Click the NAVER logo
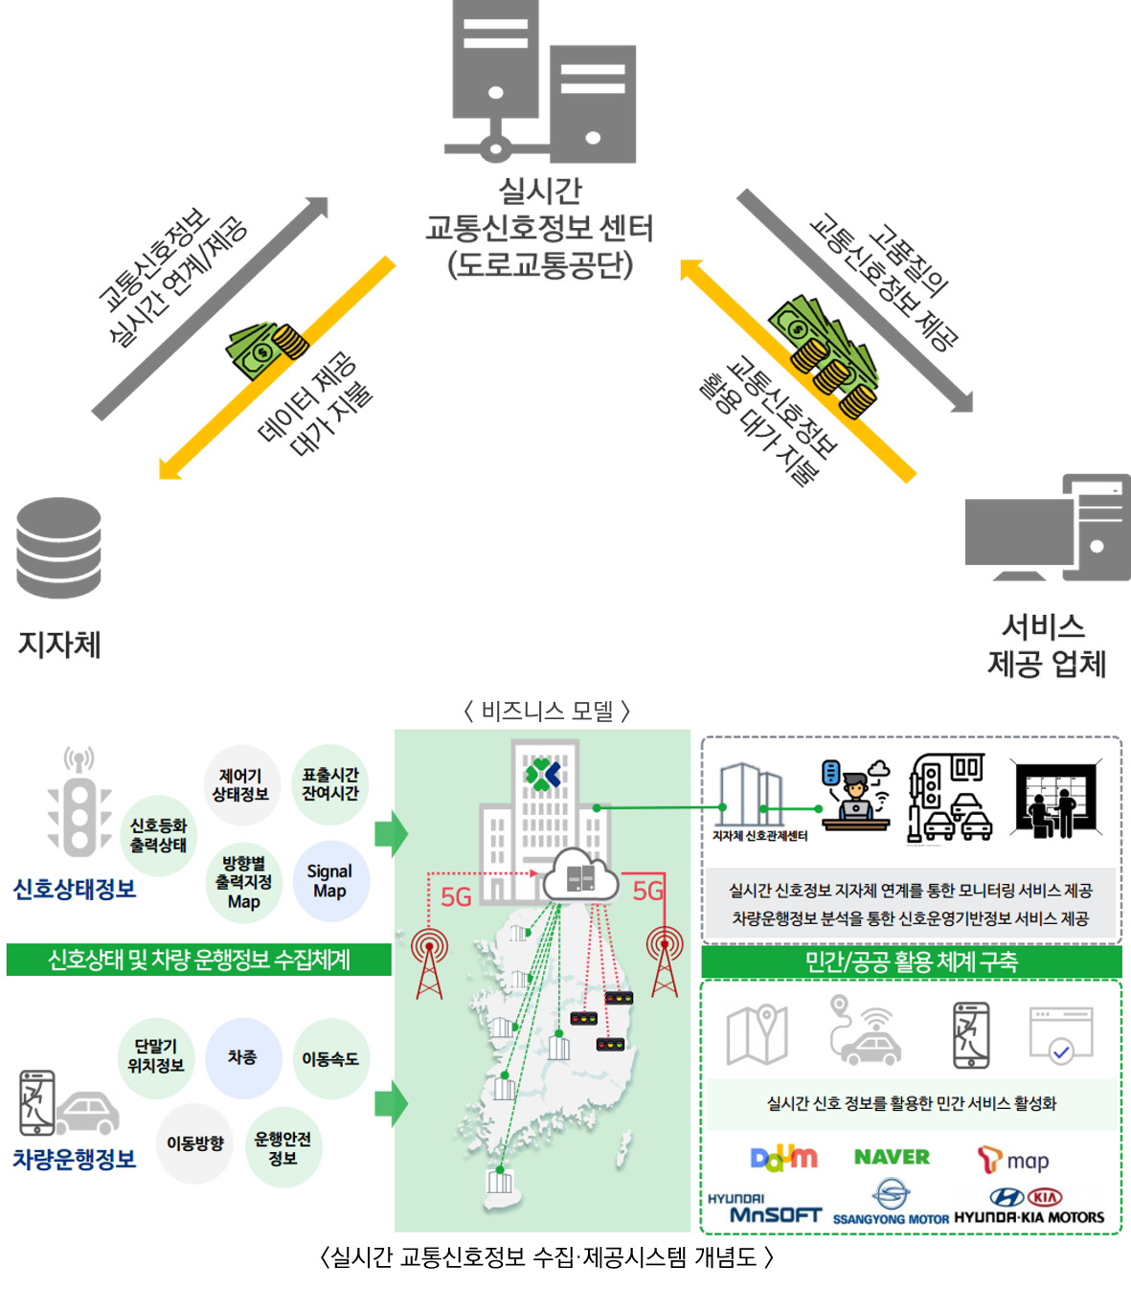click(x=892, y=1157)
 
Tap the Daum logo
click(x=783, y=1158)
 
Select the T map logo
click(x=1013, y=1161)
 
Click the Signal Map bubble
click(x=329, y=881)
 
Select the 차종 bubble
click(x=242, y=1057)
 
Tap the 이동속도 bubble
click(x=330, y=1059)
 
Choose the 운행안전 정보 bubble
click(x=283, y=1148)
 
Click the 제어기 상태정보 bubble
click(x=240, y=785)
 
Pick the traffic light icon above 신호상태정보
click(x=79, y=804)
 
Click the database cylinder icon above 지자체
click(x=59, y=548)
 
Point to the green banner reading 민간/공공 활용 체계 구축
click(x=911, y=961)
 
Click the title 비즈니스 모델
click(x=547, y=711)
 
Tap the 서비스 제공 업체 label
click(x=1046, y=646)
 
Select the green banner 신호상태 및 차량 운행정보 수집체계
click(x=199, y=960)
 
